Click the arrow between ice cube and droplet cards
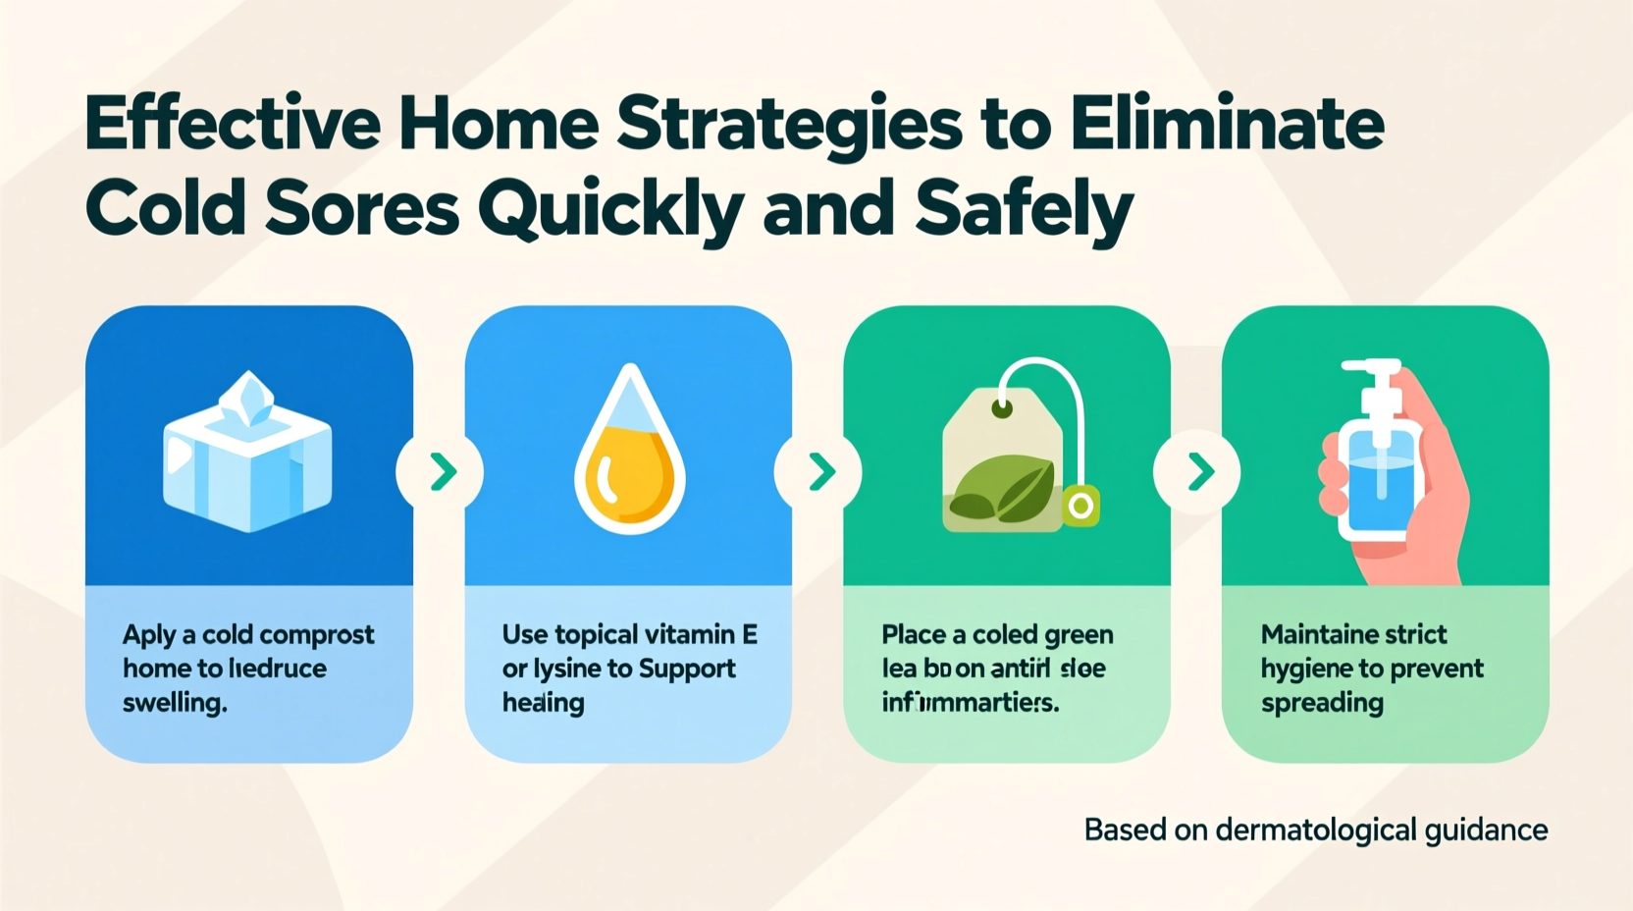(x=442, y=472)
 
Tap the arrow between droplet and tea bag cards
(x=820, y=472)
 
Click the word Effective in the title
(x=232, y=125)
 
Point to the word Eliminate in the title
(x=1227, y=125)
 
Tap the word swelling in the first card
(x=175, y=703)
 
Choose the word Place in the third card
(x=913, y=635)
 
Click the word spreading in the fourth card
(x=1322, y=703)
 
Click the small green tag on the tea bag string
(x=1080, y=506)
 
